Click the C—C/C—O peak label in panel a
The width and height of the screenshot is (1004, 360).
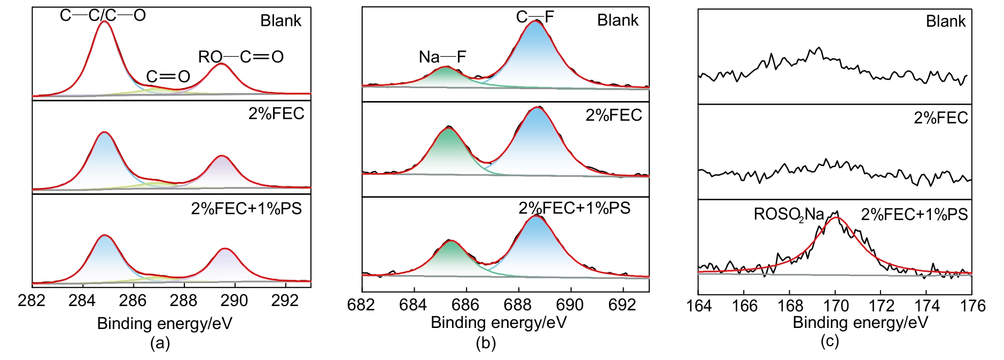[103, 15]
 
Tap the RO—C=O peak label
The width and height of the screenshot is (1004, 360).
[240, 57]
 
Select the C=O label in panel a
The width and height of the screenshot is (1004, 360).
[168, 77]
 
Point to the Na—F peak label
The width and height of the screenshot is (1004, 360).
[442, 57]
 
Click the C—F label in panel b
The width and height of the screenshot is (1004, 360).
[535, 17]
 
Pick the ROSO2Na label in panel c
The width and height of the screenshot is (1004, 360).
[789, 215]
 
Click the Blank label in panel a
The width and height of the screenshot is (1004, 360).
[281, 21]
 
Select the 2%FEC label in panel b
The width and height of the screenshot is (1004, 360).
[613, 115]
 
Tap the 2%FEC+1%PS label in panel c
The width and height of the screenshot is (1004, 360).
[914, 215]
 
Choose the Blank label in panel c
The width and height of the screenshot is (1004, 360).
[945, 21]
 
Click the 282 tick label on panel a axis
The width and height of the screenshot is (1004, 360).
[32, 301]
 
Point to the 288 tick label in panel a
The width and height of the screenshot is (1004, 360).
[183, 301]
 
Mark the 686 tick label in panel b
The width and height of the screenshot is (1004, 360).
[465, 304]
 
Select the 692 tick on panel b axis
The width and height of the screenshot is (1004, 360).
[622, 304]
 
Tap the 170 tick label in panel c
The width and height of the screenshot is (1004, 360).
[836, 306]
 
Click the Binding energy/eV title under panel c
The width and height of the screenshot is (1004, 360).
[860, 323]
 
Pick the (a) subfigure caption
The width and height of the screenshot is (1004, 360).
[160, 343]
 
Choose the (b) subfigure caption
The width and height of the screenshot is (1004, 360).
[486, 343]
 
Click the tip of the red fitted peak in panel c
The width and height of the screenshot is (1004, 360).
[836, 217]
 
